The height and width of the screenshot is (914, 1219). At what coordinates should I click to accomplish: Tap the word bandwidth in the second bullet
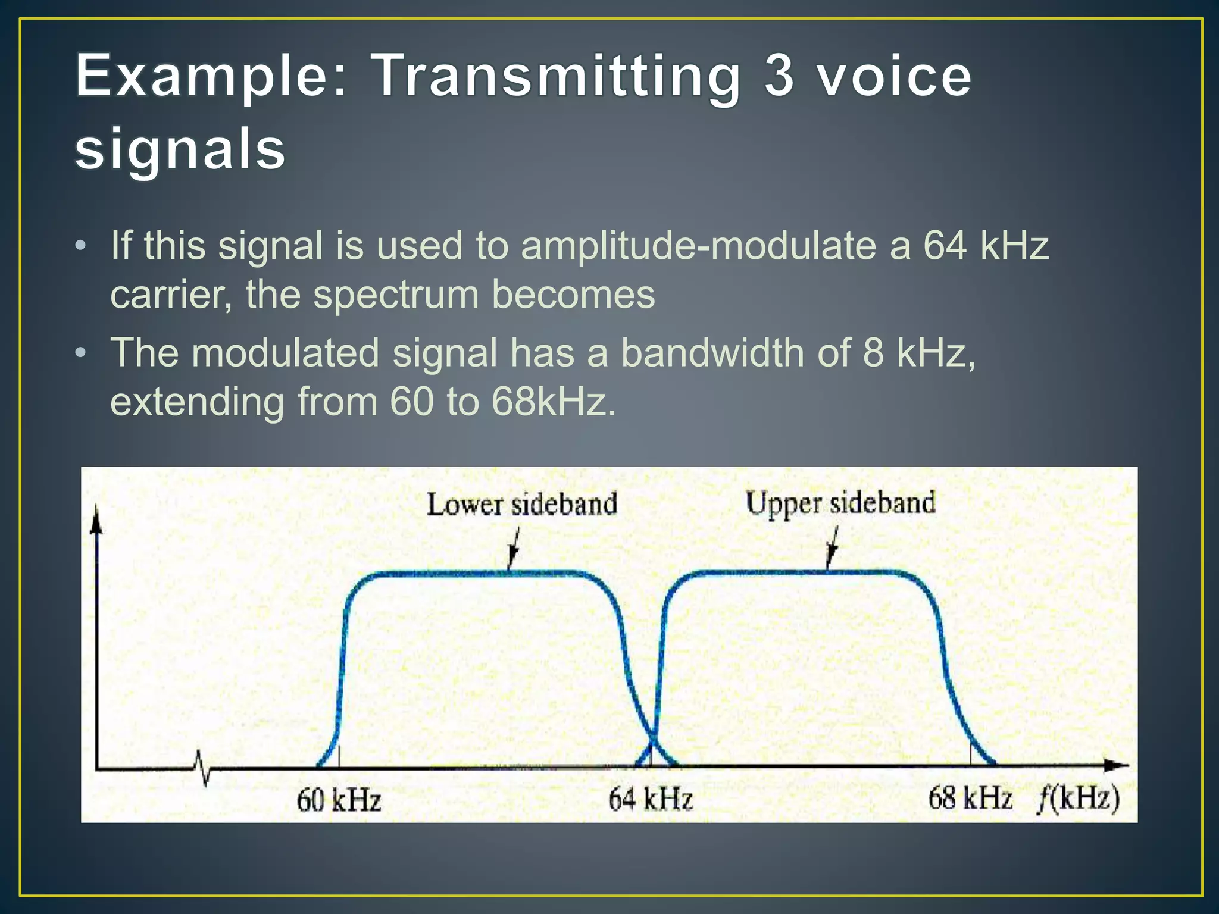712,353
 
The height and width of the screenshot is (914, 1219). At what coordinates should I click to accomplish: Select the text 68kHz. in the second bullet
554,402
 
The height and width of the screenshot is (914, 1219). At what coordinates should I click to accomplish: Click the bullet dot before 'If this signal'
82,246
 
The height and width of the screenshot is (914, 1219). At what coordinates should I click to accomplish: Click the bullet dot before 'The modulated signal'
82,353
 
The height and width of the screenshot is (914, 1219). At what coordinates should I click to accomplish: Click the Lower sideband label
521,505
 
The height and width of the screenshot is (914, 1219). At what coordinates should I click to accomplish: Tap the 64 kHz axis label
651,799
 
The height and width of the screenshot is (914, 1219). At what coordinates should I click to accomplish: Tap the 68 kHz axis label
970,798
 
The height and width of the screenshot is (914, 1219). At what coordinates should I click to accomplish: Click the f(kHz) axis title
1079,798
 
